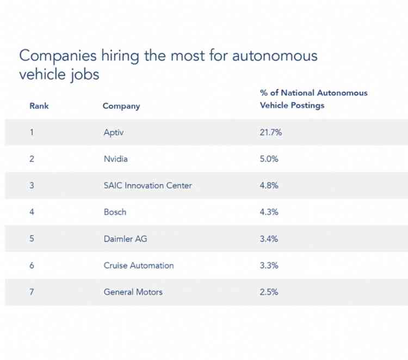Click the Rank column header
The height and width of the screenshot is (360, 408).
39,106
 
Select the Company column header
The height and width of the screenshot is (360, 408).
121,106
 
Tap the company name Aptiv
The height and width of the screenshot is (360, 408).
115,132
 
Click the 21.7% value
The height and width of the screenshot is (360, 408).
271,132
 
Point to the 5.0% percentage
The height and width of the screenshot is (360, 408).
269,159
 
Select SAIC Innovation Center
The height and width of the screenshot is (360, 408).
147,185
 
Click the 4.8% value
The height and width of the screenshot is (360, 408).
269,185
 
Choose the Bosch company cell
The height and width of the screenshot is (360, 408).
115,212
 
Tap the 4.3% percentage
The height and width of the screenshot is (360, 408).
269,212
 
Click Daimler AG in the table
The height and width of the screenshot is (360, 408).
125,239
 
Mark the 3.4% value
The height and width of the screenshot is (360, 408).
269,239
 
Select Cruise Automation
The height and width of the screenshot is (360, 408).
139,265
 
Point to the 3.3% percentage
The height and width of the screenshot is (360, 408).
269,265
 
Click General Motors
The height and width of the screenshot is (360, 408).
133,292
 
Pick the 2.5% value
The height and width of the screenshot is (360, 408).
269,292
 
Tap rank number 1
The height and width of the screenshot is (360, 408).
32,132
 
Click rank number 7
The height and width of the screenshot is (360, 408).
32,292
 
